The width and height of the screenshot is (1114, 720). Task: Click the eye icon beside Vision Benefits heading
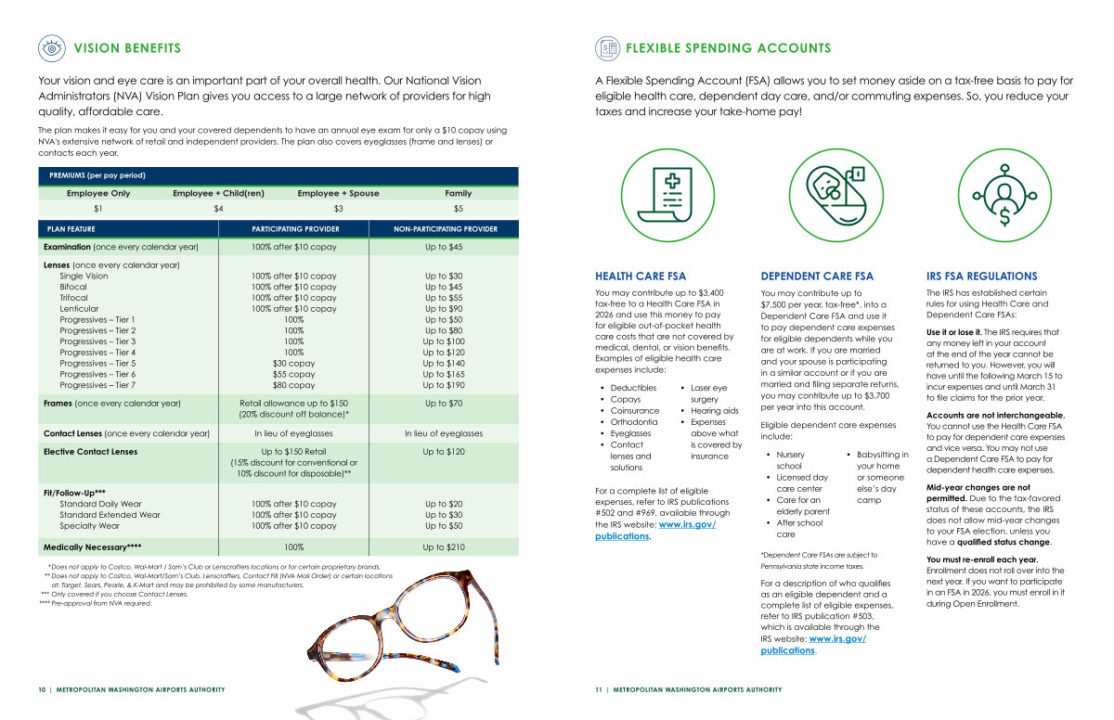click(x=52, y=48)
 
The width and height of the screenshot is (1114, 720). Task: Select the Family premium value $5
click(x=458, y=209)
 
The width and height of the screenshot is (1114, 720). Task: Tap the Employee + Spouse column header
click(x=338, y=193)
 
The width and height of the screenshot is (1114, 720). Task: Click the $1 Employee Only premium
click(x=98, y=209)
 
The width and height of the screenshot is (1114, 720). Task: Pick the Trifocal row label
click(x=73, y=298)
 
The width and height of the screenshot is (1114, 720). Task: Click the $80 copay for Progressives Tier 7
click(x=293, y=385)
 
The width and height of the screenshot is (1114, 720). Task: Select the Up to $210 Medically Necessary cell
click(x=443, y=547)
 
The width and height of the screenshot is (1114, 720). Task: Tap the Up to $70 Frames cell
click(x=443, y=404)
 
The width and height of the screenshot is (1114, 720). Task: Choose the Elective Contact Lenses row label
click(x=90, y=452)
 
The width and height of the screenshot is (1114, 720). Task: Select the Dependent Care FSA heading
click(x=816, y=276)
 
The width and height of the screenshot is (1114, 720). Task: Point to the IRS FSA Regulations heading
click(x=981, y=276)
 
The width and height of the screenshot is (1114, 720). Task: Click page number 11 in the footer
click(x=599, y=689)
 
